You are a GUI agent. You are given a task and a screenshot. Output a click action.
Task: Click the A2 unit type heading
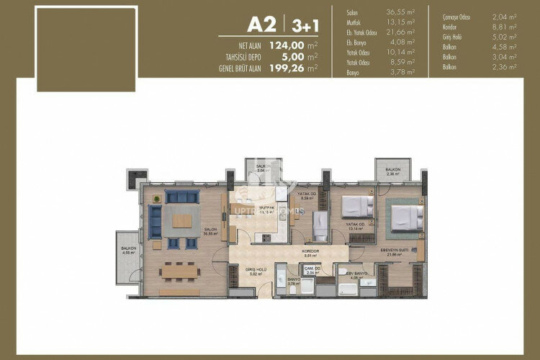click(263, 24)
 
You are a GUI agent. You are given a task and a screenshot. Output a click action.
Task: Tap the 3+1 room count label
click(302, 25)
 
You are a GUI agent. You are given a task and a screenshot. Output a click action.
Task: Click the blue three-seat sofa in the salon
click(181, 196)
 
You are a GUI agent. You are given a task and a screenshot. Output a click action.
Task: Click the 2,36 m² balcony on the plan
click(392, 170)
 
